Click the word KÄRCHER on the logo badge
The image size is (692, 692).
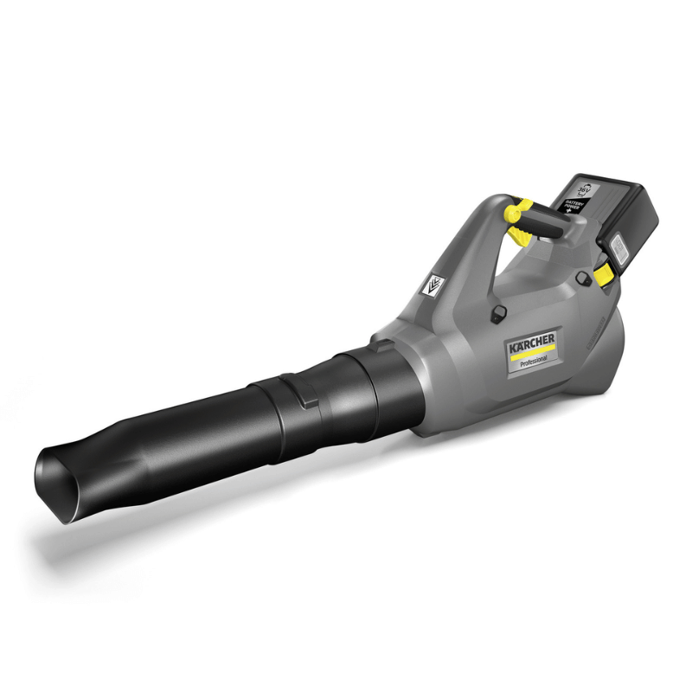coord(531,345)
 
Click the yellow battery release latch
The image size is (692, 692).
coord(605,274)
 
